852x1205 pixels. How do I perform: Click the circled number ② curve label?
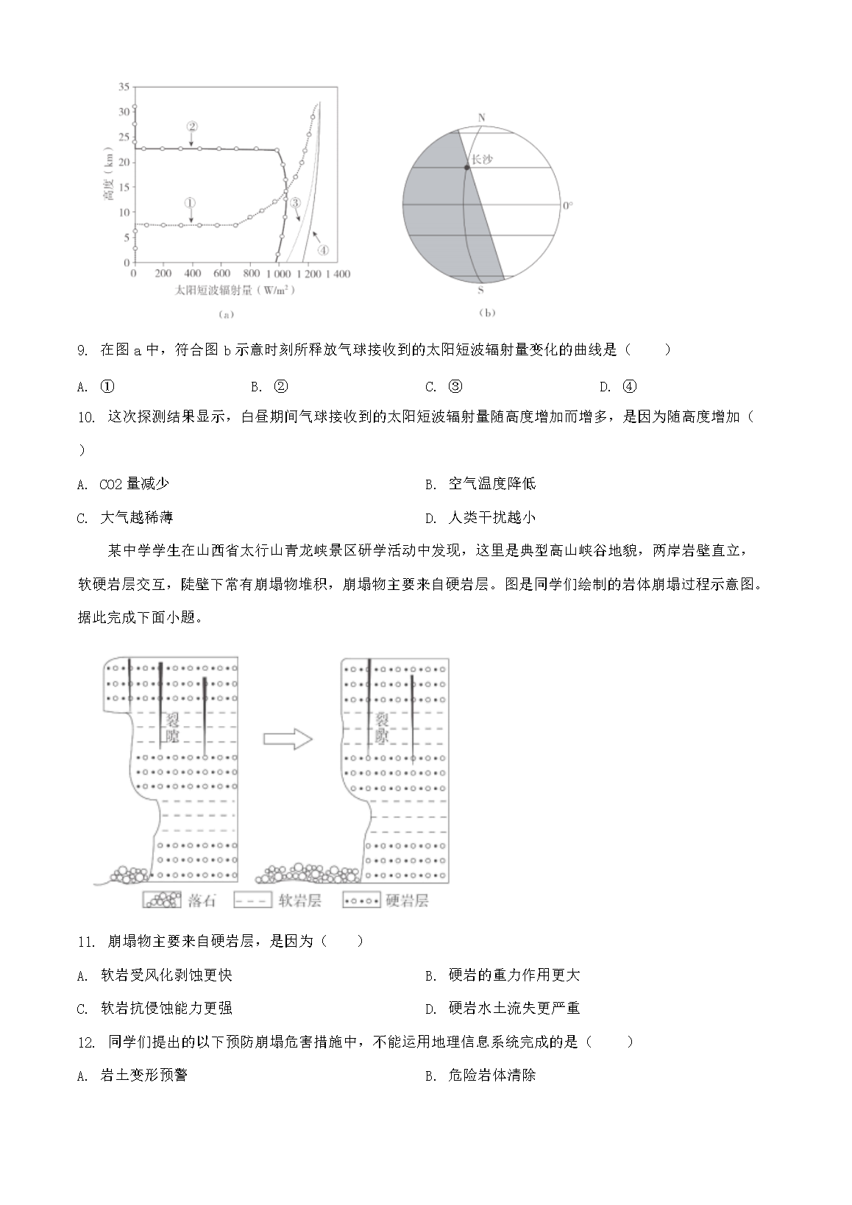point(191,126)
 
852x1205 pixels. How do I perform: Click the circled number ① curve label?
point(190,202)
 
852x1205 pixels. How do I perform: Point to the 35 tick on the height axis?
point(124,87)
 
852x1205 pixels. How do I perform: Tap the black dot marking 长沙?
point(466,168)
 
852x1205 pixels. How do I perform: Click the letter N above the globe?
point(482,118)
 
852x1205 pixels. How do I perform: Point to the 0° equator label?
point(567,205)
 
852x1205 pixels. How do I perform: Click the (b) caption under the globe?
point(487,313)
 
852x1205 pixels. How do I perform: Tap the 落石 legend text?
point(202,900)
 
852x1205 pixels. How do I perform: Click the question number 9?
point(82,350)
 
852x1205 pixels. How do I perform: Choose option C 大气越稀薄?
point(136,517)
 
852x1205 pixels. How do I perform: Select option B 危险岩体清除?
point(491,1075)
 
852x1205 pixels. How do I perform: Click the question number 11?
point(86,941)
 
